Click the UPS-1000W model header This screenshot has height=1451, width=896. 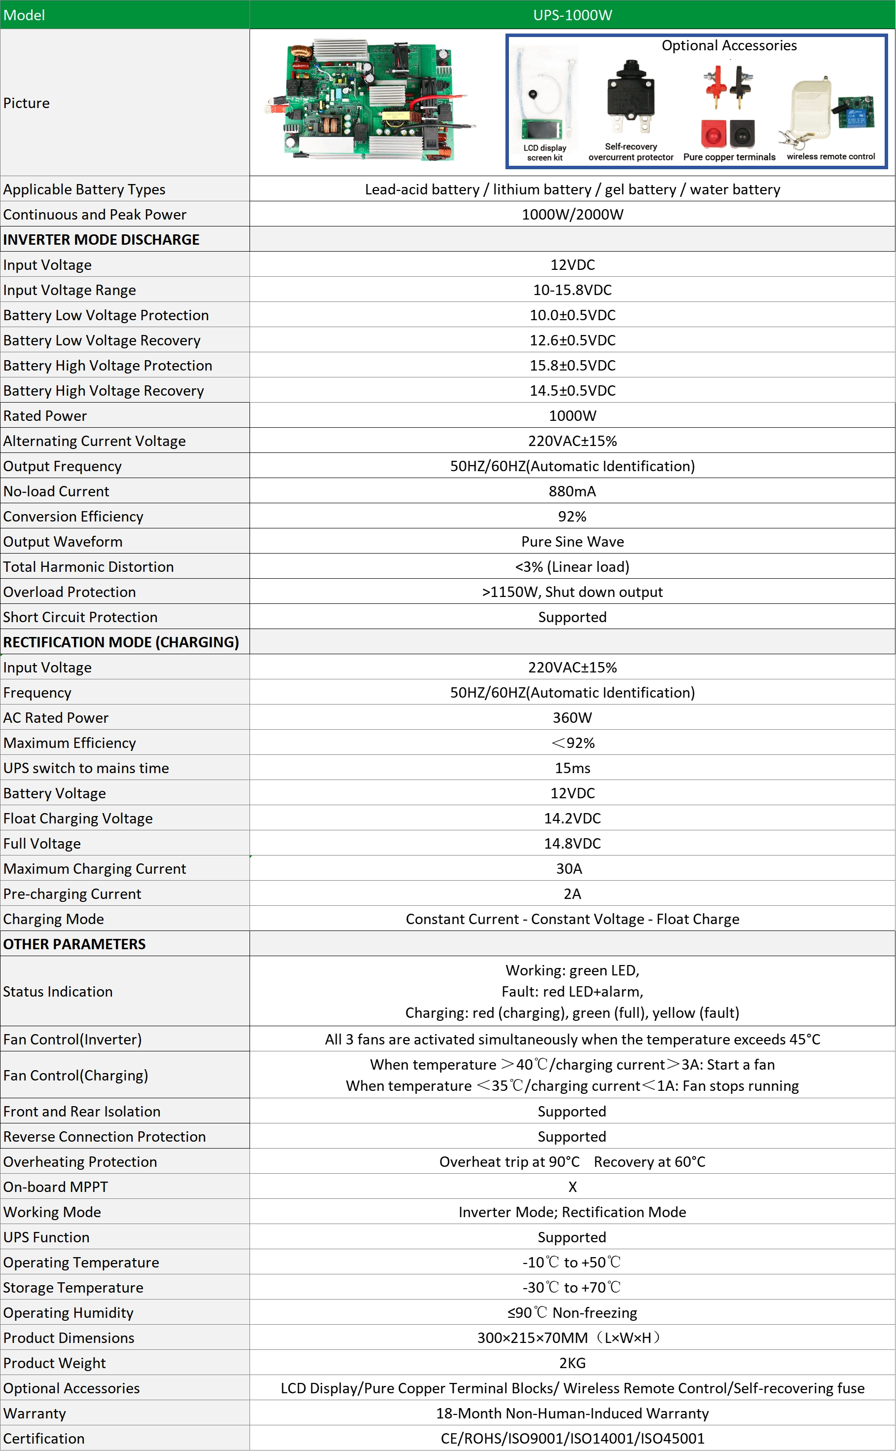(572, 15)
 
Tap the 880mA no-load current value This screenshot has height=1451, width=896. (572, 491)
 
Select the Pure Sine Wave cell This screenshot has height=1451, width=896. (572, 542)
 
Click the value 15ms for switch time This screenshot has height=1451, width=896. (572, 768)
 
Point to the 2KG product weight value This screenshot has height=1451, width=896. (572, 1363)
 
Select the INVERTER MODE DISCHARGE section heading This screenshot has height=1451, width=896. (101, 239)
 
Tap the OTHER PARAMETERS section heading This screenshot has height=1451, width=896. (74, 944)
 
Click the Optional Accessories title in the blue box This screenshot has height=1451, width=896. (729, 46)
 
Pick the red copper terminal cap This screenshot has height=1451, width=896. (714, 134)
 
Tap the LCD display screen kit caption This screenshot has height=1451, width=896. (544, 153)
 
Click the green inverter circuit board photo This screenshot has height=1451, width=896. (370, 101)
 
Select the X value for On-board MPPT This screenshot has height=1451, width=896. (572, 1187)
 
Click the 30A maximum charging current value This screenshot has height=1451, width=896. (569, 869)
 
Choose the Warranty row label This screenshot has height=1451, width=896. (35, 1414)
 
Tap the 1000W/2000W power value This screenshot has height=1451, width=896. (572, 215)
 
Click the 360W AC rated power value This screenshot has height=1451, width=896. (572, 718)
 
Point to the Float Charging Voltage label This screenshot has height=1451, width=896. (77, 819)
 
